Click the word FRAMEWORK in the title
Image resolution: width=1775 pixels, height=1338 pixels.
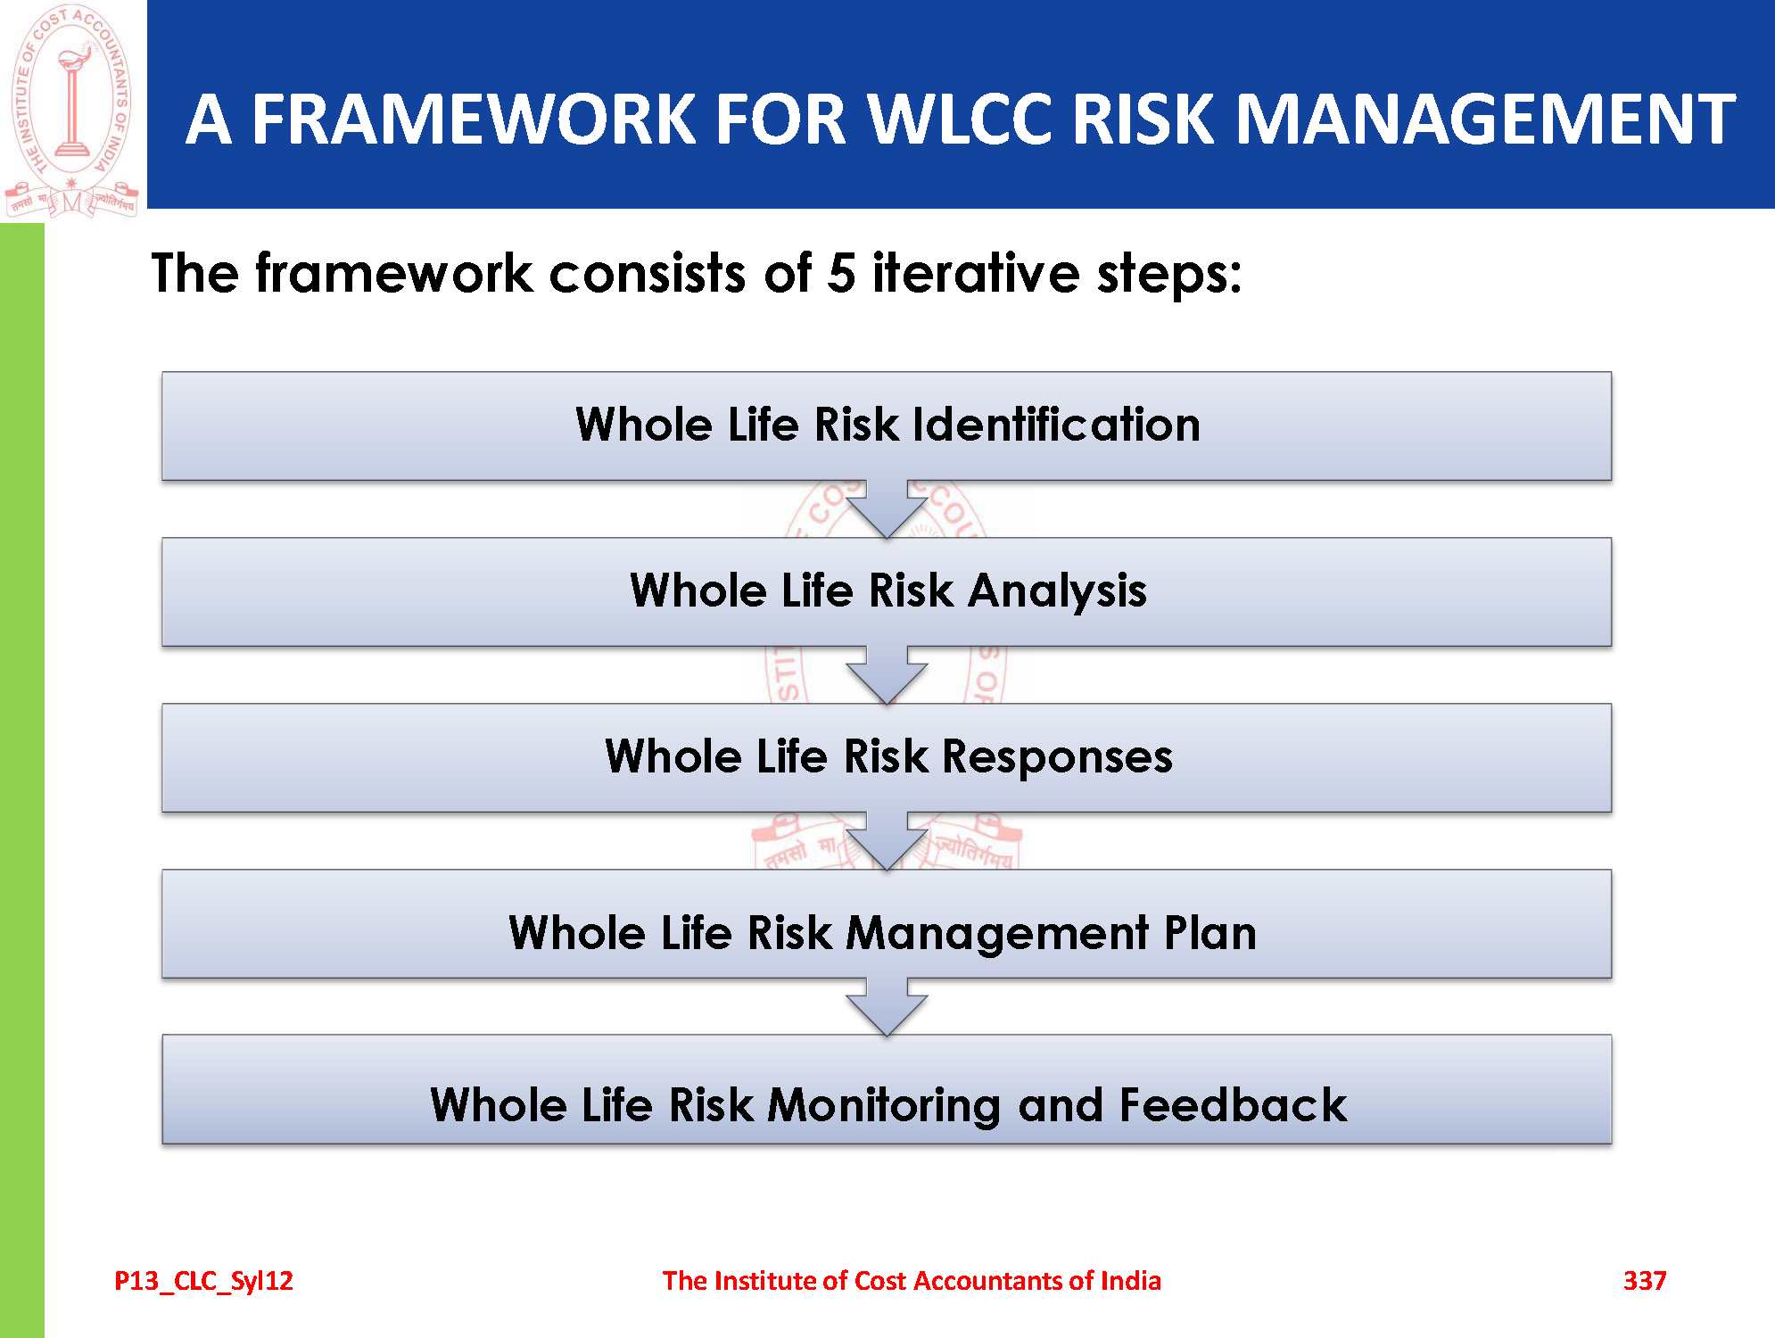473,119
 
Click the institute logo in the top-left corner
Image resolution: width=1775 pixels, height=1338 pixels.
71,110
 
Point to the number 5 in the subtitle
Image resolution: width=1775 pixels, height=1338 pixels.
841,273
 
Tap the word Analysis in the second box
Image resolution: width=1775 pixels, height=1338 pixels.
1058,591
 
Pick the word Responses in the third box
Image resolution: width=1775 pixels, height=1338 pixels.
1057,757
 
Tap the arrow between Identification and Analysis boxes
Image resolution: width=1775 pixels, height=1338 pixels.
887,508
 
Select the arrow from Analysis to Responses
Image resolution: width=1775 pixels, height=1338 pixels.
887,675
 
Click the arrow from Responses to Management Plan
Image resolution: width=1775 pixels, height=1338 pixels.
887,841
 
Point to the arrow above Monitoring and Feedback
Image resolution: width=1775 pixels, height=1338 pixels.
887,1007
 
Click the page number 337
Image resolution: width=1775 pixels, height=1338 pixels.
1645,1281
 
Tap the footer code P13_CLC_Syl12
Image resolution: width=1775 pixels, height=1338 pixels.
203,1281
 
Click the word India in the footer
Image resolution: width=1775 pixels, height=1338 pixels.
1131,1281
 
